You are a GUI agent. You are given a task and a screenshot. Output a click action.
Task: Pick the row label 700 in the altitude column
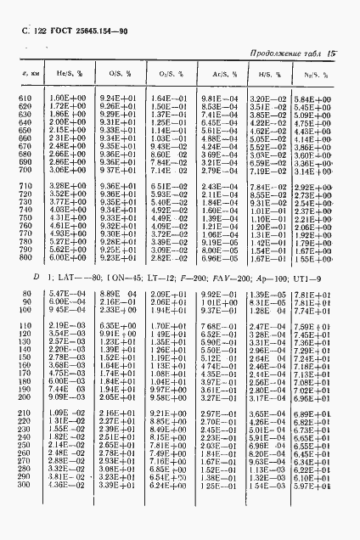(27, 170)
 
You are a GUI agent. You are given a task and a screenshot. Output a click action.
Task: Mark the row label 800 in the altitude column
(27, 257)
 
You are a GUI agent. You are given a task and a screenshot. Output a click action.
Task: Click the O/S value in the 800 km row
(121, 257)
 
